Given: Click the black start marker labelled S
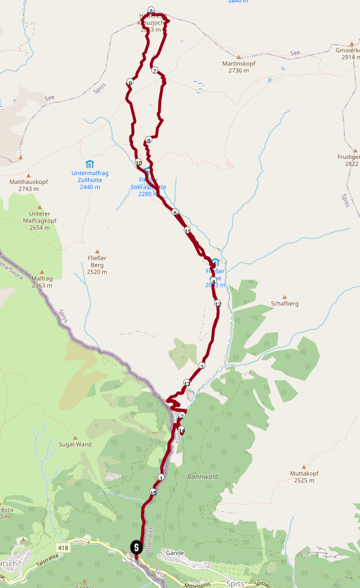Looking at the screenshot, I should pyautogui.click(x=136, y=547).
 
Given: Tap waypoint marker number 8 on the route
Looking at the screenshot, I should pyautogui.click(x=151, y=11).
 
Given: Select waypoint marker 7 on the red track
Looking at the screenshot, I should pyautogui.click(x=154, y=71).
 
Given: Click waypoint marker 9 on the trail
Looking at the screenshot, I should pyautogui.click(x=130, y=82).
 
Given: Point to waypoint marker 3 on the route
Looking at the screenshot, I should pyautogui.click(x=202, y=366).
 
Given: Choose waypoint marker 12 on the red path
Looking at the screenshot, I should pyautogui.click(x=218, y=304).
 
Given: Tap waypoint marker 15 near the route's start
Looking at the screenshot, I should pyautogui.click(x=153, y=492).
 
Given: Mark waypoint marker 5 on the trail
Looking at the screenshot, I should pyautogui.click(x=174, y=213).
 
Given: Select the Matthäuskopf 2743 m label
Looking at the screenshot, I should pyautogui.click(x=29, y=185).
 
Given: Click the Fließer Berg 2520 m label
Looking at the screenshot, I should pyautogui.click(x=97, y=268).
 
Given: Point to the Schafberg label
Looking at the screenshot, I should pyautogui.click(x=285, y=304).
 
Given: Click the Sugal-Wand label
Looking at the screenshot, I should pyautogui.click(x=75, y=444).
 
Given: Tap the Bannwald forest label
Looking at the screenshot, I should pyautogui.click(x=202, y=476).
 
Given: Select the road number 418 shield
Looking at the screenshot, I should pyautogui.click(x=63, y=547).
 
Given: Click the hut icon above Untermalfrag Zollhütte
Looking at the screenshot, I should pyautogui.click(x=90, y=163).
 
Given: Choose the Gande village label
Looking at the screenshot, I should pyautogui.click(x=175, y=552).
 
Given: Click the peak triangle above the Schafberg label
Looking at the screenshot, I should pyautogui.click(x=285, y=297).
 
